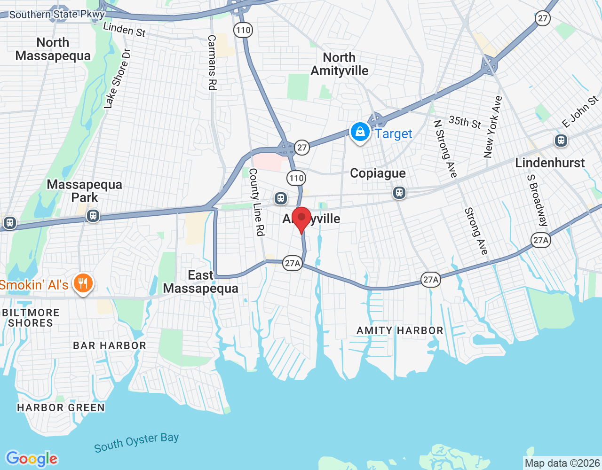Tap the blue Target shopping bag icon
tap(360, 132)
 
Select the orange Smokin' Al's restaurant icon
tap(83, 283)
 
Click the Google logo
tap(32, 459)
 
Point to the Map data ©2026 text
tap(562, 463)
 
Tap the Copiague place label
tap(378, 173)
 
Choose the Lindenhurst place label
tap(550, 163)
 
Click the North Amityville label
tap(340, 64)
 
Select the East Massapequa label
tap(201, 282)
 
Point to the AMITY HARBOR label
tap(400, 330)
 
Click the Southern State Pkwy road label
tap(57, 15)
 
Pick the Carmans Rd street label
tap(212, 63)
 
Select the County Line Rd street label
tap(257, 202)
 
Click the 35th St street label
tap(465, 122)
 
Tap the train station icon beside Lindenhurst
tap(561, 140)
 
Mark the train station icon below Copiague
tap(399, 192)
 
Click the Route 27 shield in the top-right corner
tap(543, 18)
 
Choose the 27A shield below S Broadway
tap(541, 240)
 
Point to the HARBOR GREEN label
tap(61, 407)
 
